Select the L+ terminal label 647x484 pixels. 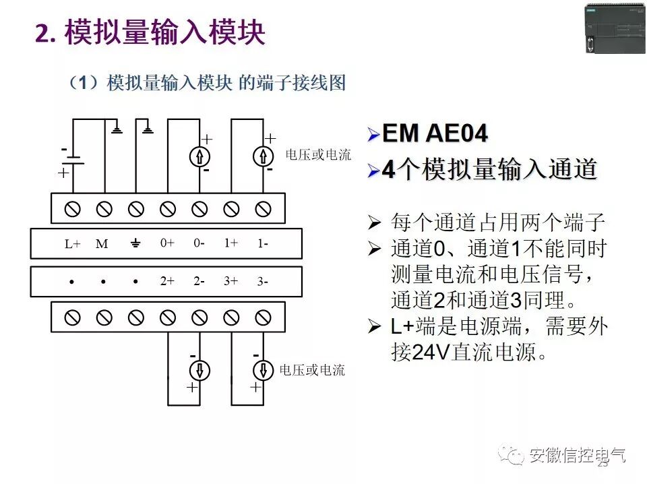[72, 244]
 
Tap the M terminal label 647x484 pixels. [102, 244]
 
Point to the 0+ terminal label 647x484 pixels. [167, 243]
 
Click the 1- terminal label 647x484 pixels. [262, 243]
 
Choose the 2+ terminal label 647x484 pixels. [167, 282]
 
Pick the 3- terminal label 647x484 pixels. [262, 282]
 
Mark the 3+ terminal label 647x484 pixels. [231, 282]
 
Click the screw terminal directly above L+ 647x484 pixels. [72, 209]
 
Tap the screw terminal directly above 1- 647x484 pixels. [263, 209]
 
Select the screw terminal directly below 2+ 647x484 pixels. [168, 317]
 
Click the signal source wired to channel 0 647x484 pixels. [199, 157]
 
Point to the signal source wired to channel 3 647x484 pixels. [263, 370]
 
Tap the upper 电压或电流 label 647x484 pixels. [318, 155]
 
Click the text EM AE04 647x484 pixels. [435, 133]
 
